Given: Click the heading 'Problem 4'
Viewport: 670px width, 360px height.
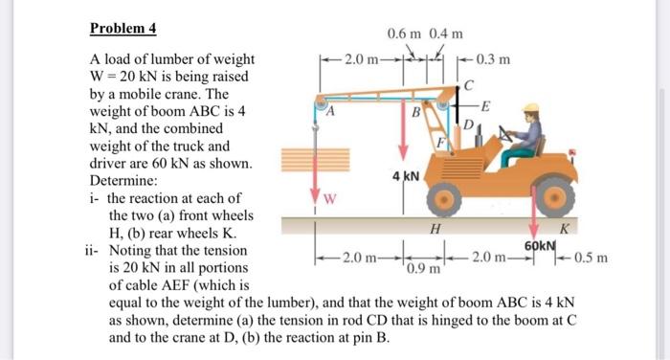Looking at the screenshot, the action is pyautogui.click(x=124, y=27).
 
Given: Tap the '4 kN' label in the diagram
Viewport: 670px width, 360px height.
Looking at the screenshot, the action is pyautogui.click(x=404, y=177).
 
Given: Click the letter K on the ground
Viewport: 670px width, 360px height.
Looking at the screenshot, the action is pyautogui.click(x=564, y=229).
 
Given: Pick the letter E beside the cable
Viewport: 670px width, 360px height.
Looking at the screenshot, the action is pyautogui.click(x=485, y=105).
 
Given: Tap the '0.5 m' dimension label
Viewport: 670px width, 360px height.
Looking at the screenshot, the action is pyautogui.click(x=600, y=258).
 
